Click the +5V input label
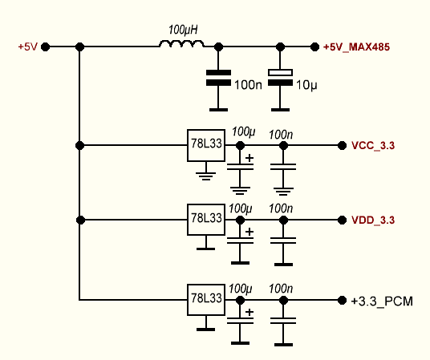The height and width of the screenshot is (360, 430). [x=27, y=47]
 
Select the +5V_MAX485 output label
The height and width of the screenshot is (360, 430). [x=356, y=47]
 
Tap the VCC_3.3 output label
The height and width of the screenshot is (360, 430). [x=373, y=145]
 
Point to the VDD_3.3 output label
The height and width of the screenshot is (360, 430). [x=373, y=220]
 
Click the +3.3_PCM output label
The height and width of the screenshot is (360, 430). [x=382, y=301]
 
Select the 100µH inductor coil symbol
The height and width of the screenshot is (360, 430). [x=181, y=44]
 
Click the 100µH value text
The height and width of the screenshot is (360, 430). [x=183, y=30]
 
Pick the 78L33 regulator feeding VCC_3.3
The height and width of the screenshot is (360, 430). [x=206, y=145]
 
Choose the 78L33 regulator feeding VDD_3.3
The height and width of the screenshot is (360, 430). [x=206, y=220]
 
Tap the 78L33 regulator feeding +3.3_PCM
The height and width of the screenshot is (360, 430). [x=206, y=300]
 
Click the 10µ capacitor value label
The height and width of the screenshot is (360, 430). [x=306, y=85]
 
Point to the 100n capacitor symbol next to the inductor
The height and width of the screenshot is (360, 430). [x=218, y=78]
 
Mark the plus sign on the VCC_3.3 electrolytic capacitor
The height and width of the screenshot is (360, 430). [x=249, y=158]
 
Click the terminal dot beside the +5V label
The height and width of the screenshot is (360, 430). [x=45, y=47]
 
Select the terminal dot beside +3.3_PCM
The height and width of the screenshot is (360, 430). [x=342, y=301]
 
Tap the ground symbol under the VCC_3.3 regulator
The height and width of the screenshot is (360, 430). [x=206, y=176]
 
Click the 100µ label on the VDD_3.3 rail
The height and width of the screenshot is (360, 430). [x=240, y=209]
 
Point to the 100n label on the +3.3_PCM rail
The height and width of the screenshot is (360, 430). [x=281, y=289]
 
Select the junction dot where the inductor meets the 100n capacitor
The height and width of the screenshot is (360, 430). [x=218, y=47]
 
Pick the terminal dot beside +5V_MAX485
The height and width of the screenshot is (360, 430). [x=314, y=47]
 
